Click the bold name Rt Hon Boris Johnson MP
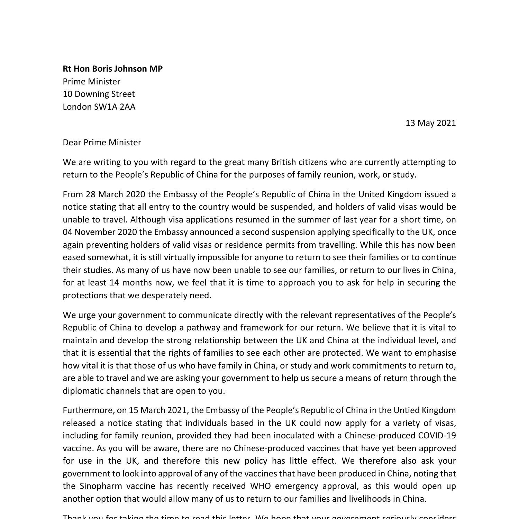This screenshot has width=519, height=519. click(112, 69)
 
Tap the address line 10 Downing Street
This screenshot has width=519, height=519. click(99, 94)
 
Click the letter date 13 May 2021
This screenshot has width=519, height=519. click(430, 123)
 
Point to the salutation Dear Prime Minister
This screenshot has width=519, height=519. click(102, 143)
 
